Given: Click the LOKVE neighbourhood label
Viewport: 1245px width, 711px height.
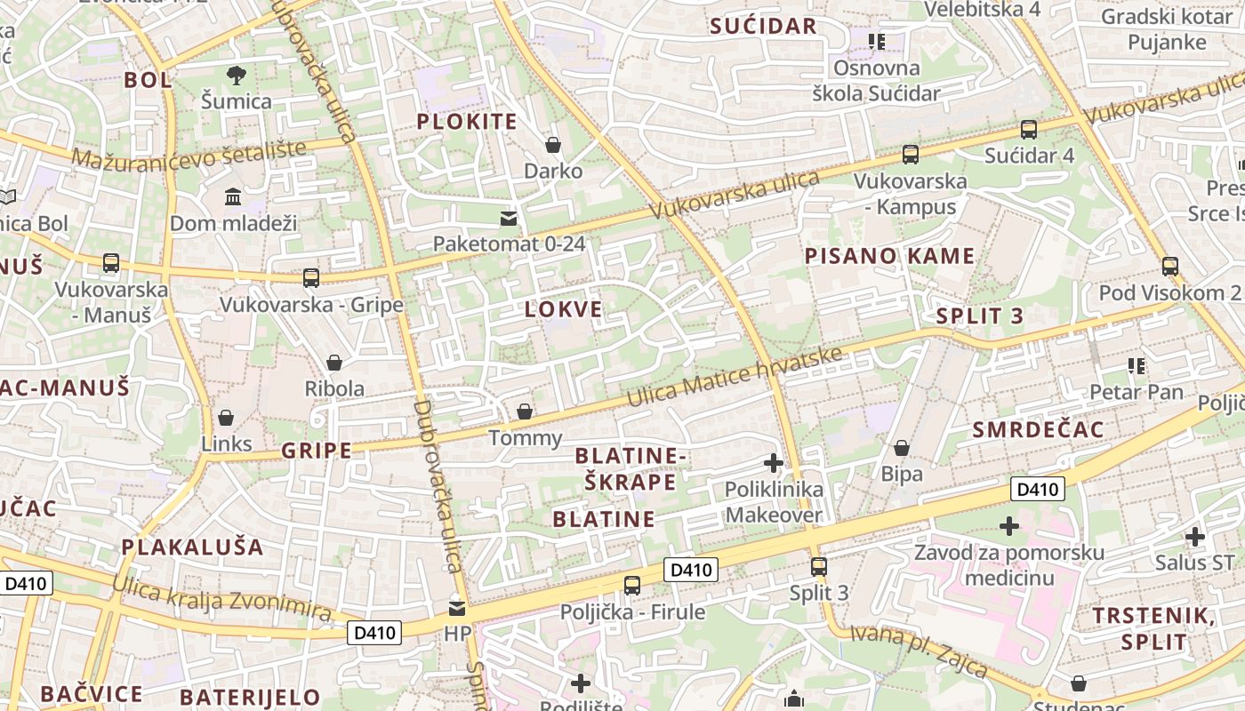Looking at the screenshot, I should point(563,309).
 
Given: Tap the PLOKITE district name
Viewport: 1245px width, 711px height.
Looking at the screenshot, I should point(466,122).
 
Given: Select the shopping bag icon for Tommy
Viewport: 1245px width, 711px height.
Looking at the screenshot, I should point(525,411).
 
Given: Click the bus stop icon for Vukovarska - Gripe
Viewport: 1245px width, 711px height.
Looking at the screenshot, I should point(311,278).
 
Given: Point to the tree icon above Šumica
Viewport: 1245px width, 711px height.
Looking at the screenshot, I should point(237,75).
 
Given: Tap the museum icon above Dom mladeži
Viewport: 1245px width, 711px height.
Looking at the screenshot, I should point(233,196).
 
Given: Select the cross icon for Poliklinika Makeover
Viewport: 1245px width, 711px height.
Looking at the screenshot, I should point(774,463).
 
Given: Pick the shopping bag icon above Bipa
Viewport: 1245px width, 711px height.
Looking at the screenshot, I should point(902,448).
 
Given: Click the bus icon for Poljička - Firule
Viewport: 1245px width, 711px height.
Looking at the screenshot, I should point(632,585).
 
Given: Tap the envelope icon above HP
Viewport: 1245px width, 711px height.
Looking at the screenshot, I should point(457,608).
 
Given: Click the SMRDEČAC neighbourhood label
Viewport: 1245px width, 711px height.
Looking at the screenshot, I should point(1038,430).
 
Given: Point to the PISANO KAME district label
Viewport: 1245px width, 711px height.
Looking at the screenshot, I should point(889,256).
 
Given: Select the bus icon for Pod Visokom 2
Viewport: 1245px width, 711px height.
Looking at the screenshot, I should point(1170,266).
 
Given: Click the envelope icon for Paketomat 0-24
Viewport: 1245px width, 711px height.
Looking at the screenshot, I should point(509,218).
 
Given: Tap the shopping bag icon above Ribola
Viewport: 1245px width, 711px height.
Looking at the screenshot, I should point(334,363).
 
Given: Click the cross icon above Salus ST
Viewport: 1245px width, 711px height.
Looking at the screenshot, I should point(1195,536).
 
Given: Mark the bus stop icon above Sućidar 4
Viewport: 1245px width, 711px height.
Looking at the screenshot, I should point(1029,130).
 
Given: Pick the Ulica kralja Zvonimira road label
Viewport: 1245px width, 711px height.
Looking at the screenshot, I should point(222,600).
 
